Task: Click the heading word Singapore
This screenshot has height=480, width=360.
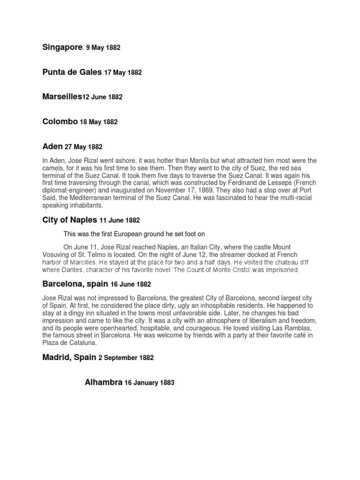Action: click(x=62, y=48)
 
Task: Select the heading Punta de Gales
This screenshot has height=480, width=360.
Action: click(x=72, y=72)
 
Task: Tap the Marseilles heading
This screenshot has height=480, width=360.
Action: click(x=62, y=97)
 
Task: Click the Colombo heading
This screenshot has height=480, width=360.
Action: click(x=60, y=121)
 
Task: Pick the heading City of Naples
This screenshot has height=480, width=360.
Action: click(x=70, y=220)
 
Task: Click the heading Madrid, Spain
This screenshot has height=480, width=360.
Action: click(x=69, y=357)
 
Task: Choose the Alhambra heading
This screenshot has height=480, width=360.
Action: click(x=103, y=382)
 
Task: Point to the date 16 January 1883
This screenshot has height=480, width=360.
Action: click(x=149, y=382)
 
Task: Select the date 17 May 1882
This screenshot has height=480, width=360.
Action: click(x=123, y=73)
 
